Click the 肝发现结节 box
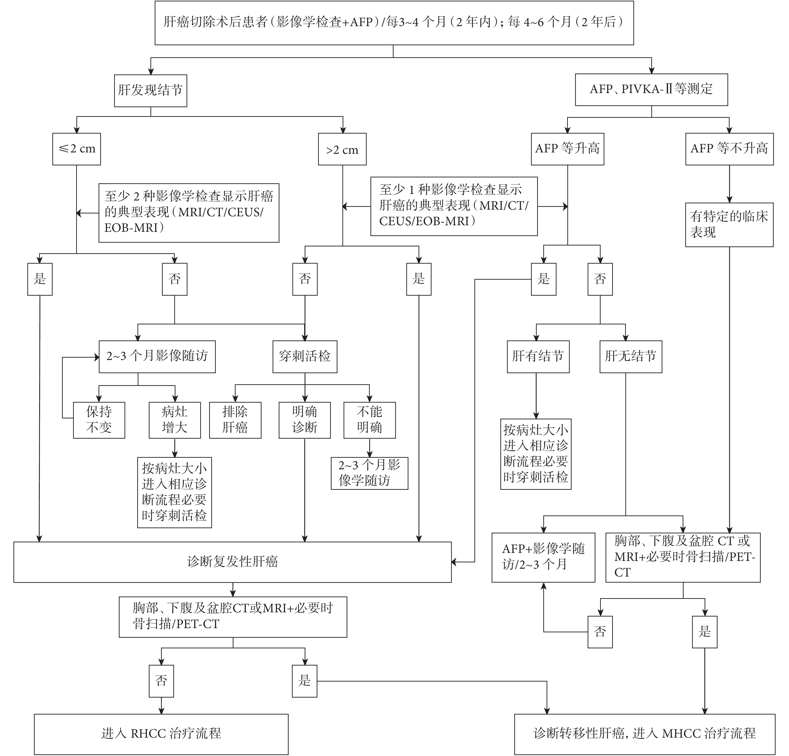(150, 90)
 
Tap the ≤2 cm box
(76, 149)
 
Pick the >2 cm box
(342, 149)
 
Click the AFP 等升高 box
(568, 149)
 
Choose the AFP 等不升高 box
(729, 149)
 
